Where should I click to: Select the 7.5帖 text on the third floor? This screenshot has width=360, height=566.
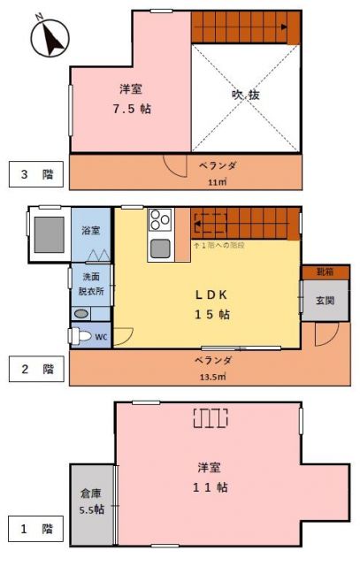(x=130, y=110)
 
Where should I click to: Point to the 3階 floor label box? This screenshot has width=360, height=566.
(x=36, y=175)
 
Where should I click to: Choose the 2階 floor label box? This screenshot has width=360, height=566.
(x=36, y=369)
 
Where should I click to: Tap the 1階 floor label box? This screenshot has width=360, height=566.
(x=36, y=531)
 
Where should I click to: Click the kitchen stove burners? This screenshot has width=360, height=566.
(x=159, y=218)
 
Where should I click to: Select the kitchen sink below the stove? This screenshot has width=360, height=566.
(x=159, y=248)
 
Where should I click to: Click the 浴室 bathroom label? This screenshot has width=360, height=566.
(x=91, y=231)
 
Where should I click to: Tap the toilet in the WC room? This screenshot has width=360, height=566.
(x=80, y=336)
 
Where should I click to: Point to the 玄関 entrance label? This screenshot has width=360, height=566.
(x=325, y=301)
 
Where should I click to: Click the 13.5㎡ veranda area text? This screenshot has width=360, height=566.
(x=212, y=376)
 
